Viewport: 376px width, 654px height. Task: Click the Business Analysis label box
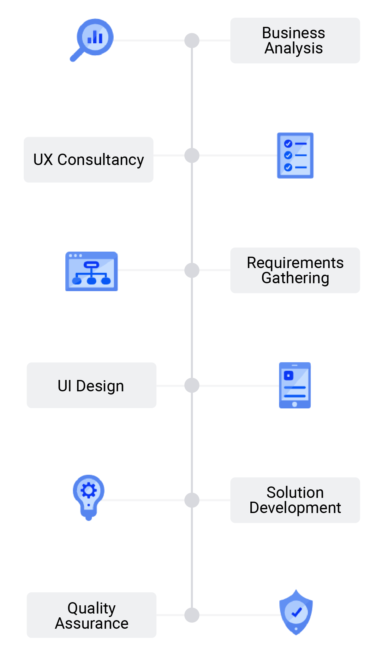295,40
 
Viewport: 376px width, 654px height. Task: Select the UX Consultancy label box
88,160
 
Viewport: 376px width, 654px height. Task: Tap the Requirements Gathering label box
295,270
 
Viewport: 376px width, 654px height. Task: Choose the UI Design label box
91,385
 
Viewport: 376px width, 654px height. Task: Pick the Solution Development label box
295,500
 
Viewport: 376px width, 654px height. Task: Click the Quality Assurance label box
91,615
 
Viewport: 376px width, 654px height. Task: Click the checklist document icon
295,156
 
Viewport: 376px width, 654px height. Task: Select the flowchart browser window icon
92,272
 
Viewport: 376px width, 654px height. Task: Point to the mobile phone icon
295,385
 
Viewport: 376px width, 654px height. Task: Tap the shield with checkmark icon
296,612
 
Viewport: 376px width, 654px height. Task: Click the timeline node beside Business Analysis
192,40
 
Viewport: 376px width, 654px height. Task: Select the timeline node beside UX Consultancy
192,156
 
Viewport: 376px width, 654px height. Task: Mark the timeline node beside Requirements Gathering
192,270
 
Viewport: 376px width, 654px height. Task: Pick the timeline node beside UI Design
192,385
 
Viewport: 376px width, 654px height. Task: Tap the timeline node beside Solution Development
192,500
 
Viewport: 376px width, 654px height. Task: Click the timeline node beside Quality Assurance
192,615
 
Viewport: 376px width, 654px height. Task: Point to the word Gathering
295,278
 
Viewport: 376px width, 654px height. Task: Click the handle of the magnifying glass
76,56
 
